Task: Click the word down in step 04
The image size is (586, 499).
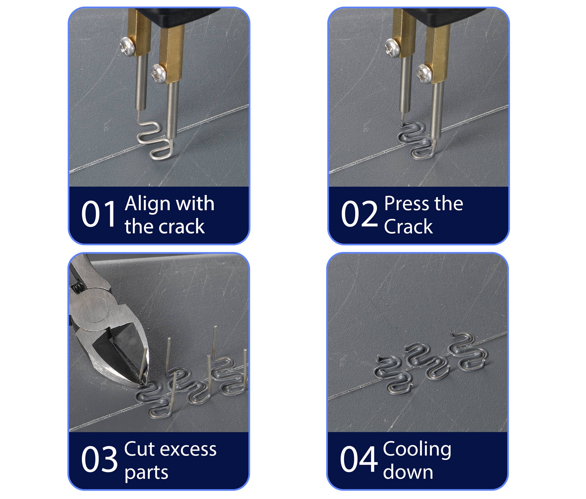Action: pyautogui.click(x=408, y=473)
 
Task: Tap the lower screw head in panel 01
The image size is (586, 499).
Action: pyautogui.click(x=158, y=72)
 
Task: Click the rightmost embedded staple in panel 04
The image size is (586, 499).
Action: pyautogui.click(x=469, y=352)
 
